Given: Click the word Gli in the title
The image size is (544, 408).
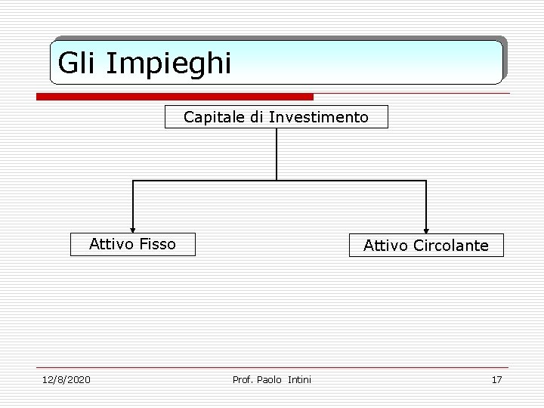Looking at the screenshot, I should (79, 63).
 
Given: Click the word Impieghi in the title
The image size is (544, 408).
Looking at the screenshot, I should (168, 64).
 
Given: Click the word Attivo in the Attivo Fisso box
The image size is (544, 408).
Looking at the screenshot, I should (111, 244).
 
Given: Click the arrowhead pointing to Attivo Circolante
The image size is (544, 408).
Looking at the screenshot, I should (427, 230).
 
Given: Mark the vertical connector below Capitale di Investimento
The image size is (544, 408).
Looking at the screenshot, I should (277, 154).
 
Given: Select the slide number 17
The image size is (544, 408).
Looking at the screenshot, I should (496, 379).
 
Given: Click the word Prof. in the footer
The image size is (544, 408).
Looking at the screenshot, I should (243, 379).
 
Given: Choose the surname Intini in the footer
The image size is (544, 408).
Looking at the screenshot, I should (300, 379).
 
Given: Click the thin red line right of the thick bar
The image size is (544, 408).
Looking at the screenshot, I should (412, 94).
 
